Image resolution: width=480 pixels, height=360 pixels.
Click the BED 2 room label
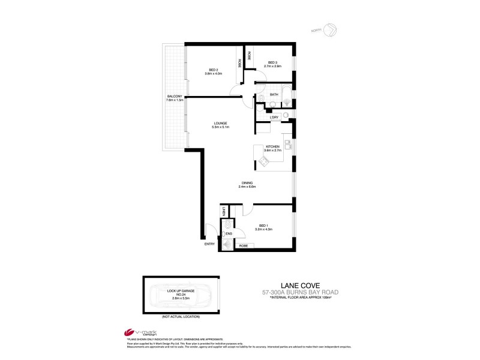click(214, 70)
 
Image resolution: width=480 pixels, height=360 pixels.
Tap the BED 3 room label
click(272, 62)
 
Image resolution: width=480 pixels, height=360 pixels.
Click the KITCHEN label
click(273, 148)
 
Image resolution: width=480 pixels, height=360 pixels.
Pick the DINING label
click(248, 184)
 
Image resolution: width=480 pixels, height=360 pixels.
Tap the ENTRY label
click(209, 244)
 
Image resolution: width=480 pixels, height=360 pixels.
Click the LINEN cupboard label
click(223, 211)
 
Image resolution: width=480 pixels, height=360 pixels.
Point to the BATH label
click(274, 94)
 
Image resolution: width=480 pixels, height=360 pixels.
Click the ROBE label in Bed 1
click(244, 245)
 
